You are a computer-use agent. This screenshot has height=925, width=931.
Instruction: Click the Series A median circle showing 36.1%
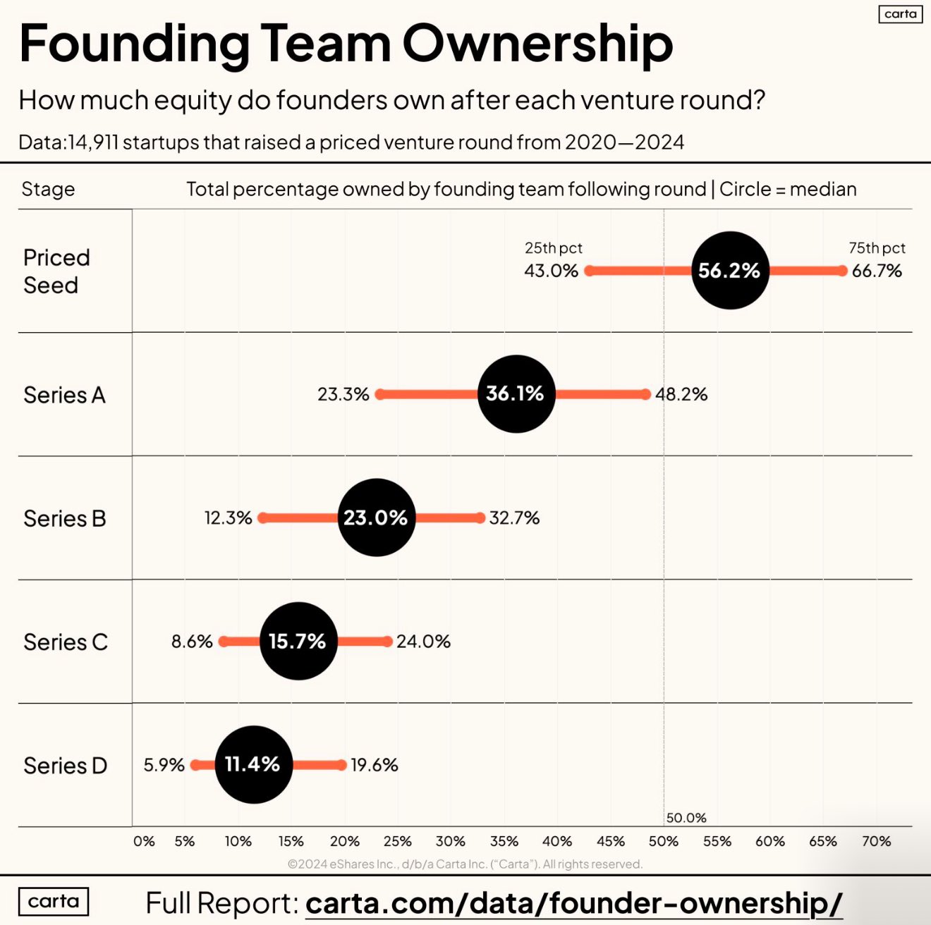tap(516, 393)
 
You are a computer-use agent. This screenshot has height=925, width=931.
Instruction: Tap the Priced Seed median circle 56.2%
tap(729, 270)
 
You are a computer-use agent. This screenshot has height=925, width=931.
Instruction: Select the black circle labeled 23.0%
tap(376, 517)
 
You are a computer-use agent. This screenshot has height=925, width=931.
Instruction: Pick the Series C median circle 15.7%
tap(298, 641)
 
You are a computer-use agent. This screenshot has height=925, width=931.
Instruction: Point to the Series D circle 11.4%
tap(253, 764)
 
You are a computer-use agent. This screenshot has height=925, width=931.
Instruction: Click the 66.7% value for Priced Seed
tap(877, 271)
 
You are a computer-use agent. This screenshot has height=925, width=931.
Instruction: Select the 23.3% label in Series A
tap(343, 394)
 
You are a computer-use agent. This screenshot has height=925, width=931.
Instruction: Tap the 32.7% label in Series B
tap(514, 518)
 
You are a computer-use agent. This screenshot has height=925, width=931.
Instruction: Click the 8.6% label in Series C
tap(192, 642)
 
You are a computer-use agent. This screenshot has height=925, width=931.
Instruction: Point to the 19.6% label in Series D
tap(375, 765)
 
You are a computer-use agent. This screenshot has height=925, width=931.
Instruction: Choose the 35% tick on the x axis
tap(504, 841)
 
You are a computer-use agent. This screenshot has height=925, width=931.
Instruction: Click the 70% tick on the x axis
tap(876, 841)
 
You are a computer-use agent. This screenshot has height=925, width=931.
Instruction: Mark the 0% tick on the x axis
tap(144, 841)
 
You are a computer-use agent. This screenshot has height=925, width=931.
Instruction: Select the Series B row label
tap(64, 518)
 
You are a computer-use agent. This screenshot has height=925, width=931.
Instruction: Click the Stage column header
tap(48, 189)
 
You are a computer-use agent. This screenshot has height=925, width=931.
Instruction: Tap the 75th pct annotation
tap(877, 248)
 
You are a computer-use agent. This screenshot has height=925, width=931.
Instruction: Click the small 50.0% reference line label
tap(686, 818)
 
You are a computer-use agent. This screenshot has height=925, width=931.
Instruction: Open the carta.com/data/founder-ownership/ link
tap(573, 903)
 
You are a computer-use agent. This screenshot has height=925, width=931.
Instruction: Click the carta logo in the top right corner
tap(900, 14)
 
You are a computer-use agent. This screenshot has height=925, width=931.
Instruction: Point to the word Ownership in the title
tap(537, 44)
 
